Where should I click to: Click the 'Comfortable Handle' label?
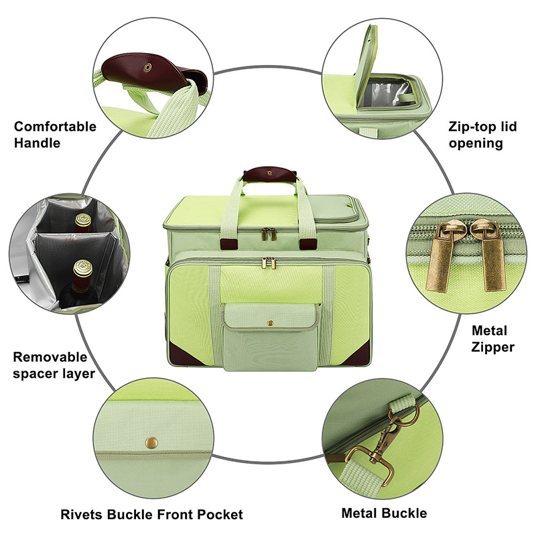[55, 134]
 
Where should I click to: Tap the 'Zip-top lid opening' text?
[483, 134]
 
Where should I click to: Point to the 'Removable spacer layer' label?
[54, 365]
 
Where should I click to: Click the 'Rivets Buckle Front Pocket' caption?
[151, 515]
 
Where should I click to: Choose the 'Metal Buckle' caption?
[384, 513]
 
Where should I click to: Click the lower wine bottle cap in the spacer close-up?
[82, 268]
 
